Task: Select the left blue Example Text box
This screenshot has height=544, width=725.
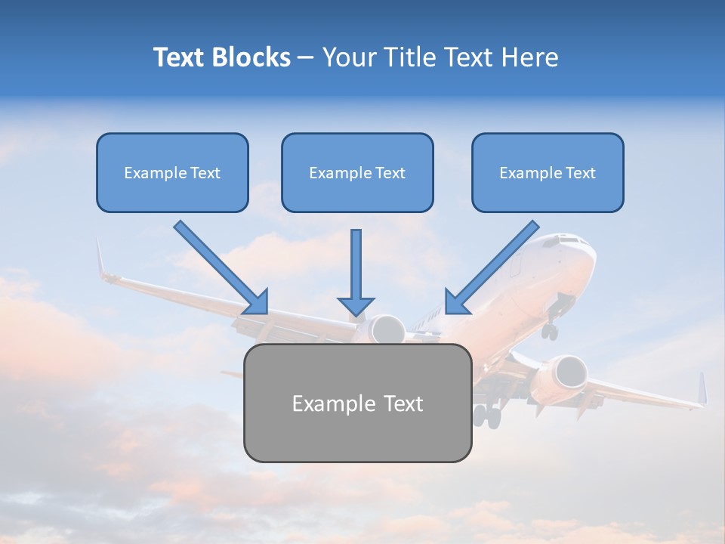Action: (172, 173)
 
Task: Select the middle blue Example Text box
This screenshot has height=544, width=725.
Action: (357, 173)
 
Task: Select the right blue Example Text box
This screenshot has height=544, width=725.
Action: (548, 173)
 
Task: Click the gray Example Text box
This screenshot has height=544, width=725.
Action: (357, 403)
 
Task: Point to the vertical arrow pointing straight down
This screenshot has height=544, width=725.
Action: (356, 272)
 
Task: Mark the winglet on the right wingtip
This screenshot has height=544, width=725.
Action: (702, 388)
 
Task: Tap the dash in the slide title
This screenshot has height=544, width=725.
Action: (306, 58)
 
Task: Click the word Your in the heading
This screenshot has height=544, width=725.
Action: (349, 57)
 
